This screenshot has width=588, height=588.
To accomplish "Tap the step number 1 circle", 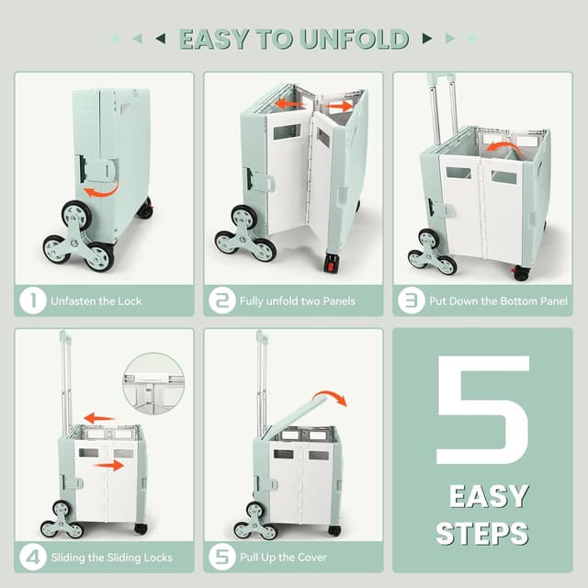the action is tap(33, 300).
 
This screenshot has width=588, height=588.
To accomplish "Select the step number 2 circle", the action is tap(222, 300).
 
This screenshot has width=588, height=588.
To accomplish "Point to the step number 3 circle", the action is tap(412, 300).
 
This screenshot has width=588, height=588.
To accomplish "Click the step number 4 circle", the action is tap(33, 557).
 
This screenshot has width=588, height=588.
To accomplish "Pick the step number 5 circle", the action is tap(222, 557).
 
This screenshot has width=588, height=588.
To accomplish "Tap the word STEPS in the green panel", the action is tap(482, 533).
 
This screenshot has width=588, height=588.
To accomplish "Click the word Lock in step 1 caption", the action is tap(130, 301).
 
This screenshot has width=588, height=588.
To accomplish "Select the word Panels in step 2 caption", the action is tap(339, 301).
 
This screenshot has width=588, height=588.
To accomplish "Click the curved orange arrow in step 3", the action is tap(503, 147).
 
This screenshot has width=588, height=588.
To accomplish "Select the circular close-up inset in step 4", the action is tap(153, 383).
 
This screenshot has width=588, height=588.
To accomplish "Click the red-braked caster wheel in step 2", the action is tap(331, 262).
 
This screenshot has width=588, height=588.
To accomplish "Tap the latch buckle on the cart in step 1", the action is tap(96, 171).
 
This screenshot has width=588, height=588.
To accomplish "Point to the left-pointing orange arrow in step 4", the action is tap(99, 418).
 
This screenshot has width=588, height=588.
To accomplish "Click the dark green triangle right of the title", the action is tap(427, 39).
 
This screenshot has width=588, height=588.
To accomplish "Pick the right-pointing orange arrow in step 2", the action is tap(338, 107).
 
